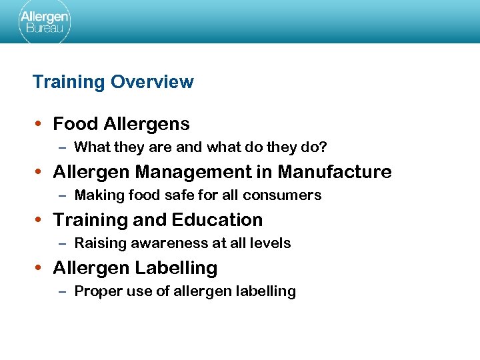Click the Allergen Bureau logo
point(43,22)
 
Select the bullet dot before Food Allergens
point(40,124)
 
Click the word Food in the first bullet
point(72,124)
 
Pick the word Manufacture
point(335,172)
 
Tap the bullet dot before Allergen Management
point(40,172)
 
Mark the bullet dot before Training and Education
point(40,220)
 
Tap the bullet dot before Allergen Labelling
point(40,268)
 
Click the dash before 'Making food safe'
point(62,195)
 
